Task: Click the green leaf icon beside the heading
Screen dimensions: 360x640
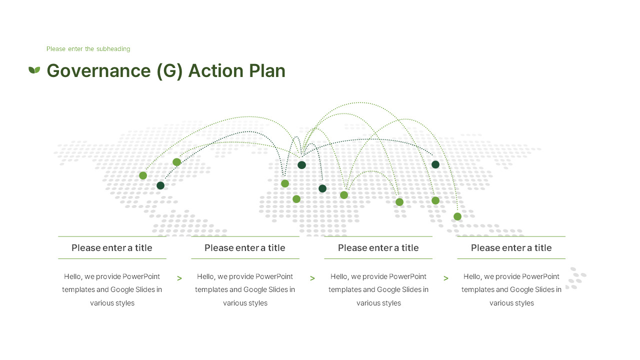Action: click(x=34, y=70)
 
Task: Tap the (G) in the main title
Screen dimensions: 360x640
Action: click(x=169, y=71)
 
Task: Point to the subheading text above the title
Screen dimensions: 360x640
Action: click(x=88, y=49)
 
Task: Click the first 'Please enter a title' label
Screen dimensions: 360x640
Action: click(x=111, y=248)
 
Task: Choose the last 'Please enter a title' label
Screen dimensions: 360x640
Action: click(x=511, y=248)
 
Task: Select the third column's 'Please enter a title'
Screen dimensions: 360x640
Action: click(x=378, y=248)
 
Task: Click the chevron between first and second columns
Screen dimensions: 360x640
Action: click(x=179, y=278)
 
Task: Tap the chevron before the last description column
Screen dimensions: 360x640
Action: click(x=446, y=278)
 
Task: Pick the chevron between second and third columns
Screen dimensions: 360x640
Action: click(x=312, y=278)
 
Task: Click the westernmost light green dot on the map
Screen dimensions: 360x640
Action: click(x=143, y=175)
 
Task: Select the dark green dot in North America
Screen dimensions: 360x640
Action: click(x=160, y=185)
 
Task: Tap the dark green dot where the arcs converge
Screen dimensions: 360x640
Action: click(x=301, y=165)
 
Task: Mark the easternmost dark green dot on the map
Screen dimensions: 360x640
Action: click(x=435, y=164)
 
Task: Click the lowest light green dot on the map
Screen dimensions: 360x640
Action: click(x=457, y=216)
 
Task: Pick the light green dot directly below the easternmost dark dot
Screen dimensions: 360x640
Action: click(x=435, y=200)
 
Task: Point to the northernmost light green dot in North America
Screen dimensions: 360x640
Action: click(x=176, y=162)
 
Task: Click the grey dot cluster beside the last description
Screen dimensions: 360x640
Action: click(x=576, y=278)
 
